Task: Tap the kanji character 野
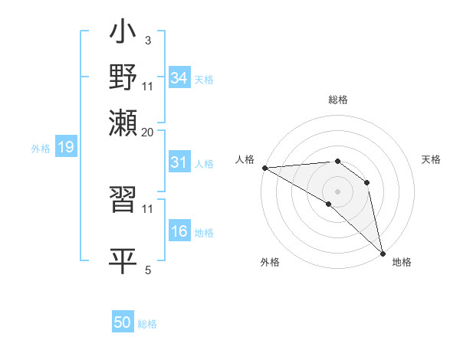click(x=123, y=79)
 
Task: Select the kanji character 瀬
click(x=123, y=123)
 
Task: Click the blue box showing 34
click(x=179, y=77)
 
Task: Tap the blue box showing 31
click(x=179, y=162)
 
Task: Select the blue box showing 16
click(x=179, y=231)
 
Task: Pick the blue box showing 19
click(x=66, y=147)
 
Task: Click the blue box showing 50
click(x=123, y=322)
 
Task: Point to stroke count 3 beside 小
click(x=147, y=40)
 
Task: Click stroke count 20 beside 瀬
click(x=148, y=132)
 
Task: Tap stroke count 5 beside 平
click(x=148, y=269)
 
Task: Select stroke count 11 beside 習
click(x=148, y=208)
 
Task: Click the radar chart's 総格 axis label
click(x=338, y=100)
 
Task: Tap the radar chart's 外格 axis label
click(x=270, y=262)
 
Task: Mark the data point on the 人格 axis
click(x=264, y=167)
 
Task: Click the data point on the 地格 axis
click(x=383, y=253)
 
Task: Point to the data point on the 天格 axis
click(x=367, y=182)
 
